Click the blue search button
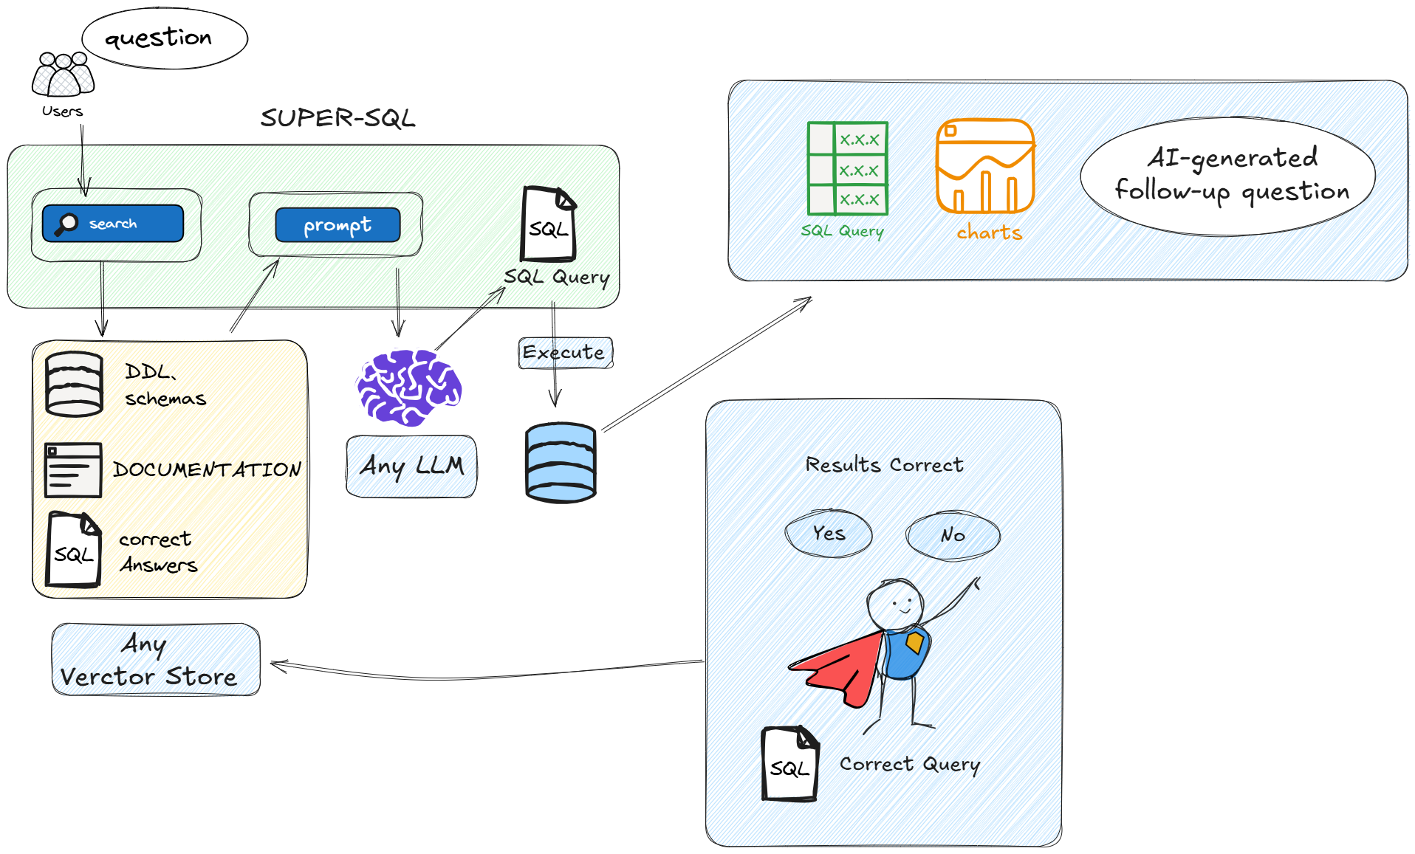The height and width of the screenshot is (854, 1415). (x=112, y=224)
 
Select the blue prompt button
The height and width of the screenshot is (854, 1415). (x=338, y=225)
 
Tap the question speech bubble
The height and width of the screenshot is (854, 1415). (x=164, y=38)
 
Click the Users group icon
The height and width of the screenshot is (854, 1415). (x=63, y=75)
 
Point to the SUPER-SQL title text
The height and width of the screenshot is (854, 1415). (x=338, y=118)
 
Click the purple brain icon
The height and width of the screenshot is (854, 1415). (x=408, y=387)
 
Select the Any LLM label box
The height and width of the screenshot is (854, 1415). (x=411, y=466)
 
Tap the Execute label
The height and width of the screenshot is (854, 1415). (x=565, y=353)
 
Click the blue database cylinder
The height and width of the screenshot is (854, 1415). (x=561, y=463)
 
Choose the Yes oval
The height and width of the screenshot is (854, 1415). (x=829, y=533)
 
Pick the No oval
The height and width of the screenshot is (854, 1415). (x=953, y=535)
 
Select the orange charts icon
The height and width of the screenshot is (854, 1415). (x=985, y=167)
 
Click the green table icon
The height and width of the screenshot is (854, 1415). (x=848, y=169)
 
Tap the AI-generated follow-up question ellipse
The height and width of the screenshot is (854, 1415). (x=1227, y=176)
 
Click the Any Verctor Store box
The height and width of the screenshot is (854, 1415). (x=156, y=660)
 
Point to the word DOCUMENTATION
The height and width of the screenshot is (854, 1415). (x=207, y=469)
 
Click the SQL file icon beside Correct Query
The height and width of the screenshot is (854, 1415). (x=790, y=764)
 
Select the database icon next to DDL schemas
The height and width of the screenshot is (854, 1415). (x=74, y=385)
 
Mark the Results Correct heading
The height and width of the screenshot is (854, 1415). (x=884, y=465)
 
